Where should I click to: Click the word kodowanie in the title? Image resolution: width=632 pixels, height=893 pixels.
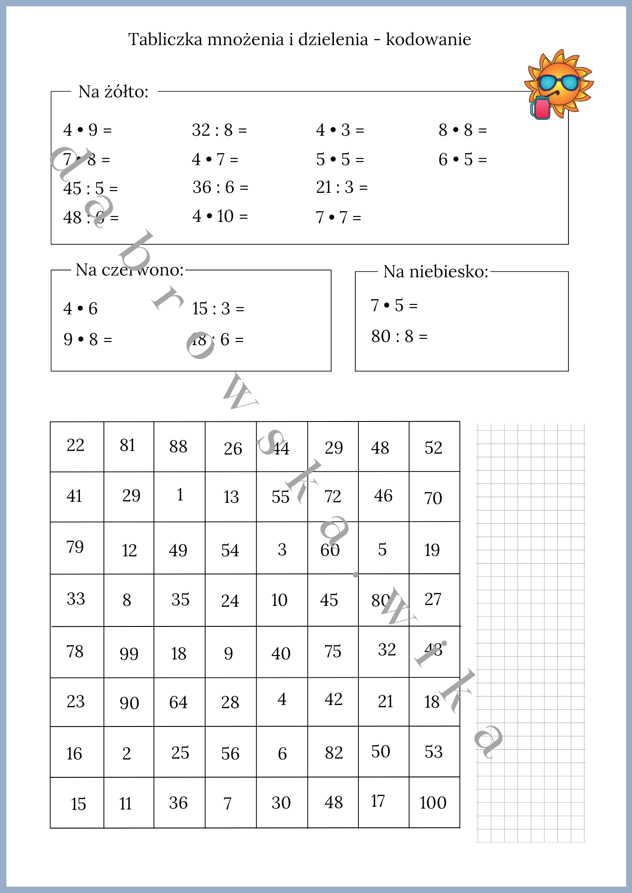(x=428, y=40)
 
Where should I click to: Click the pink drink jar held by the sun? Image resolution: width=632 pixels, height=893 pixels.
(x=541, y=108)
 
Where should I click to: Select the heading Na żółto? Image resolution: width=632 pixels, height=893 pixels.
(x=113, y=92)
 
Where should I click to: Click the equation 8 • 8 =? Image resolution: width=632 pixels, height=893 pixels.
(x=462, y=130)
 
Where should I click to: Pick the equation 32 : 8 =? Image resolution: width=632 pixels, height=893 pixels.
(x=219, y=130)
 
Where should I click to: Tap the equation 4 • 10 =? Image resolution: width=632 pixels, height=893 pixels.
(x=219, y=217)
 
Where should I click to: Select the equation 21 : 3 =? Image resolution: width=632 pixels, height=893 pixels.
(x=341, y=188)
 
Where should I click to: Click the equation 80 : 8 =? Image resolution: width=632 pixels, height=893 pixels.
(x=399, y=337)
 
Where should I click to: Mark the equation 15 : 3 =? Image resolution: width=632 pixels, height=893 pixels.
(x=218, y=309)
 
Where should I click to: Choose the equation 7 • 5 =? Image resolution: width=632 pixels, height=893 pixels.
(x=394, y=306)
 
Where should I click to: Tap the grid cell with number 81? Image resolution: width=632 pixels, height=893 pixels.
(x=128, y=446)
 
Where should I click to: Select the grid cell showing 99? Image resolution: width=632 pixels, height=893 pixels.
(x=129, y=653)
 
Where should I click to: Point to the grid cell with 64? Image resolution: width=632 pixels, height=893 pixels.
(x=179, y=702)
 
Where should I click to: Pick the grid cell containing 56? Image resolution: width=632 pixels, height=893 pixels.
(x=230, y=753)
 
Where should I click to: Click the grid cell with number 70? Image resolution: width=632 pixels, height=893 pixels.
(x=434, y=497)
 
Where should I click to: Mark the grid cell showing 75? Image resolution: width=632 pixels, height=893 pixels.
(x=333, y=652)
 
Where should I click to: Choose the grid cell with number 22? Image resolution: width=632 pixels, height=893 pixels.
(x=76, y=446)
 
